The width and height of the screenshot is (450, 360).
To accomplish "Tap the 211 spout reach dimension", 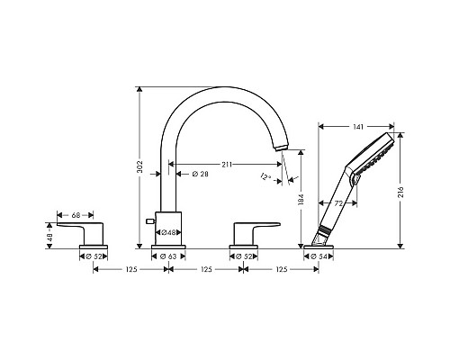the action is click(227, 165).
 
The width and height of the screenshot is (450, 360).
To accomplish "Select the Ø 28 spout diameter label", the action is click(200, 174).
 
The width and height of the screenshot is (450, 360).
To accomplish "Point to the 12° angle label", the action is click(265, 176).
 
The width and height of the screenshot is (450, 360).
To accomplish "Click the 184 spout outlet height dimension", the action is click(301, 200).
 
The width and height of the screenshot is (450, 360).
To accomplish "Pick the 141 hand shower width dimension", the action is click(358, 127).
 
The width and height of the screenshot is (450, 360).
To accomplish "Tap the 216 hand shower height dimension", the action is click(400, 192).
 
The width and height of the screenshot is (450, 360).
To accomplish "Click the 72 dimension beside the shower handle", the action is click(338, 203).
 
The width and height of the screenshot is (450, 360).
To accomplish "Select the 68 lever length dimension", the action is click(76, 215).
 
